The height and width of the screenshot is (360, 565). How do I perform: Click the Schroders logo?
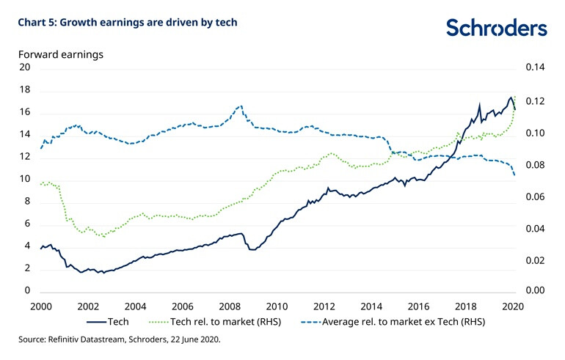click(497, 27)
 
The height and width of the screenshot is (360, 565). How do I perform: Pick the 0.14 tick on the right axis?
click(536, 67)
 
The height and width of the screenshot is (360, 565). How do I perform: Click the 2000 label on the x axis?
click(41, 306)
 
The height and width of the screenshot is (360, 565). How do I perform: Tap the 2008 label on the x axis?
click(229, 306)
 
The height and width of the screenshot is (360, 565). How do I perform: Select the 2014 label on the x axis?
click(371, 306)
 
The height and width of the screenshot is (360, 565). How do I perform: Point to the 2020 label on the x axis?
click(512, 306)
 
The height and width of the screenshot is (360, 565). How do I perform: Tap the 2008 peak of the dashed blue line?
click(240, 106)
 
